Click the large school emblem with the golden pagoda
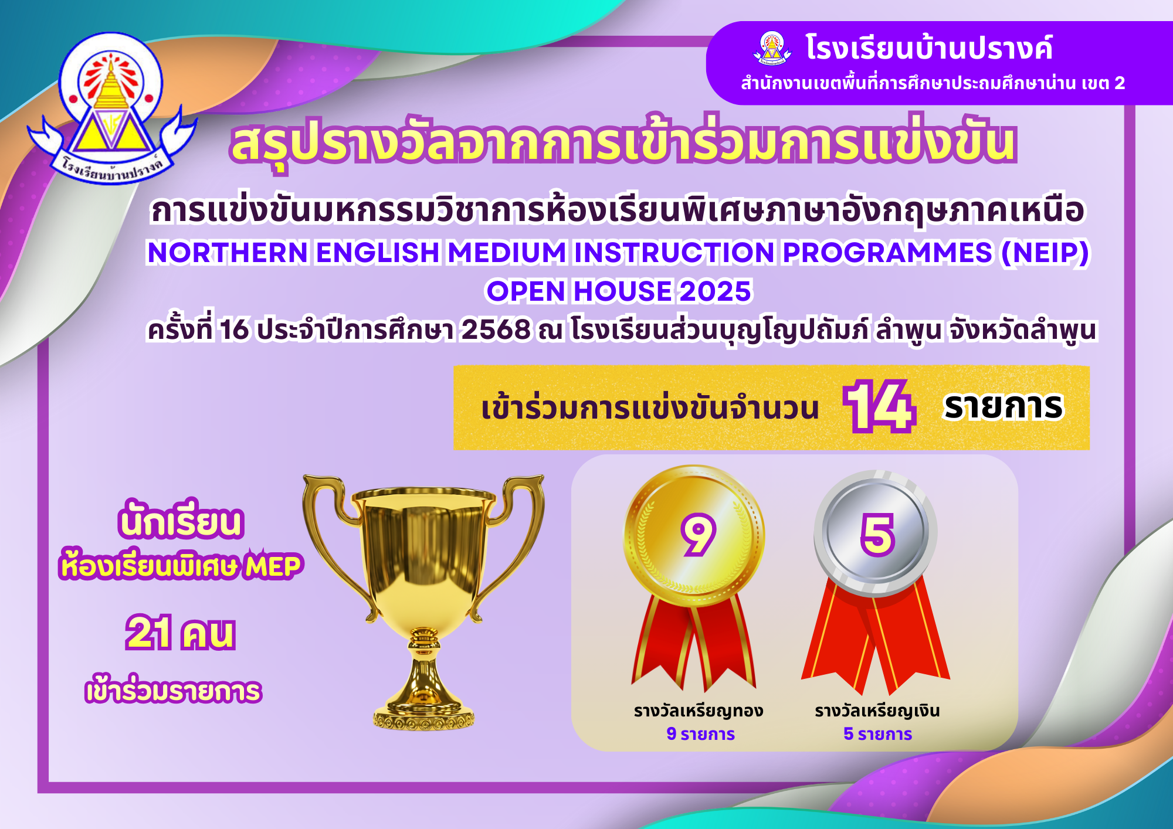[111, 108]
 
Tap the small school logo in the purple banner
[771, 48]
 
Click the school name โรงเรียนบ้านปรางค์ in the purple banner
[929, 48]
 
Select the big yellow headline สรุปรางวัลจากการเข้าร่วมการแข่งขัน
[623, 144]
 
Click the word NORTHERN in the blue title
[228, 253]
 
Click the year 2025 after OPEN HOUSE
[715, 291]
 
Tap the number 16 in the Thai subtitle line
[234, 330]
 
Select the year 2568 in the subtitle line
[496, 330]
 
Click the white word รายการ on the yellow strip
[1003, 406]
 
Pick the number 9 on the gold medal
[697, 534]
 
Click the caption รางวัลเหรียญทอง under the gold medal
[698, 711]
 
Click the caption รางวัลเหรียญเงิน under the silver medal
[877, 711]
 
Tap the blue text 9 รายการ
[700, 734]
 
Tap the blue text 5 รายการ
[877, 734]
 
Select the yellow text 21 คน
[180, 633]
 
